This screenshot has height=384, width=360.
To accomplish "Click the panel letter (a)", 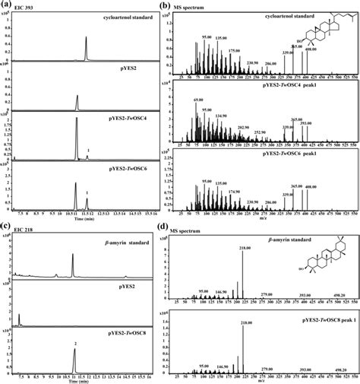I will pos(7,5).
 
